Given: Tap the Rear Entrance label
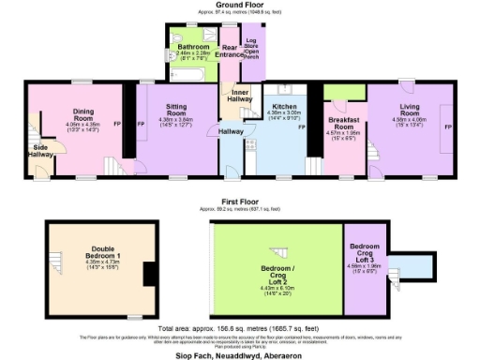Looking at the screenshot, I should (x=229, y=51).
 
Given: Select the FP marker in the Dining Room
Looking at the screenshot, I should (x=116, y=123).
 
